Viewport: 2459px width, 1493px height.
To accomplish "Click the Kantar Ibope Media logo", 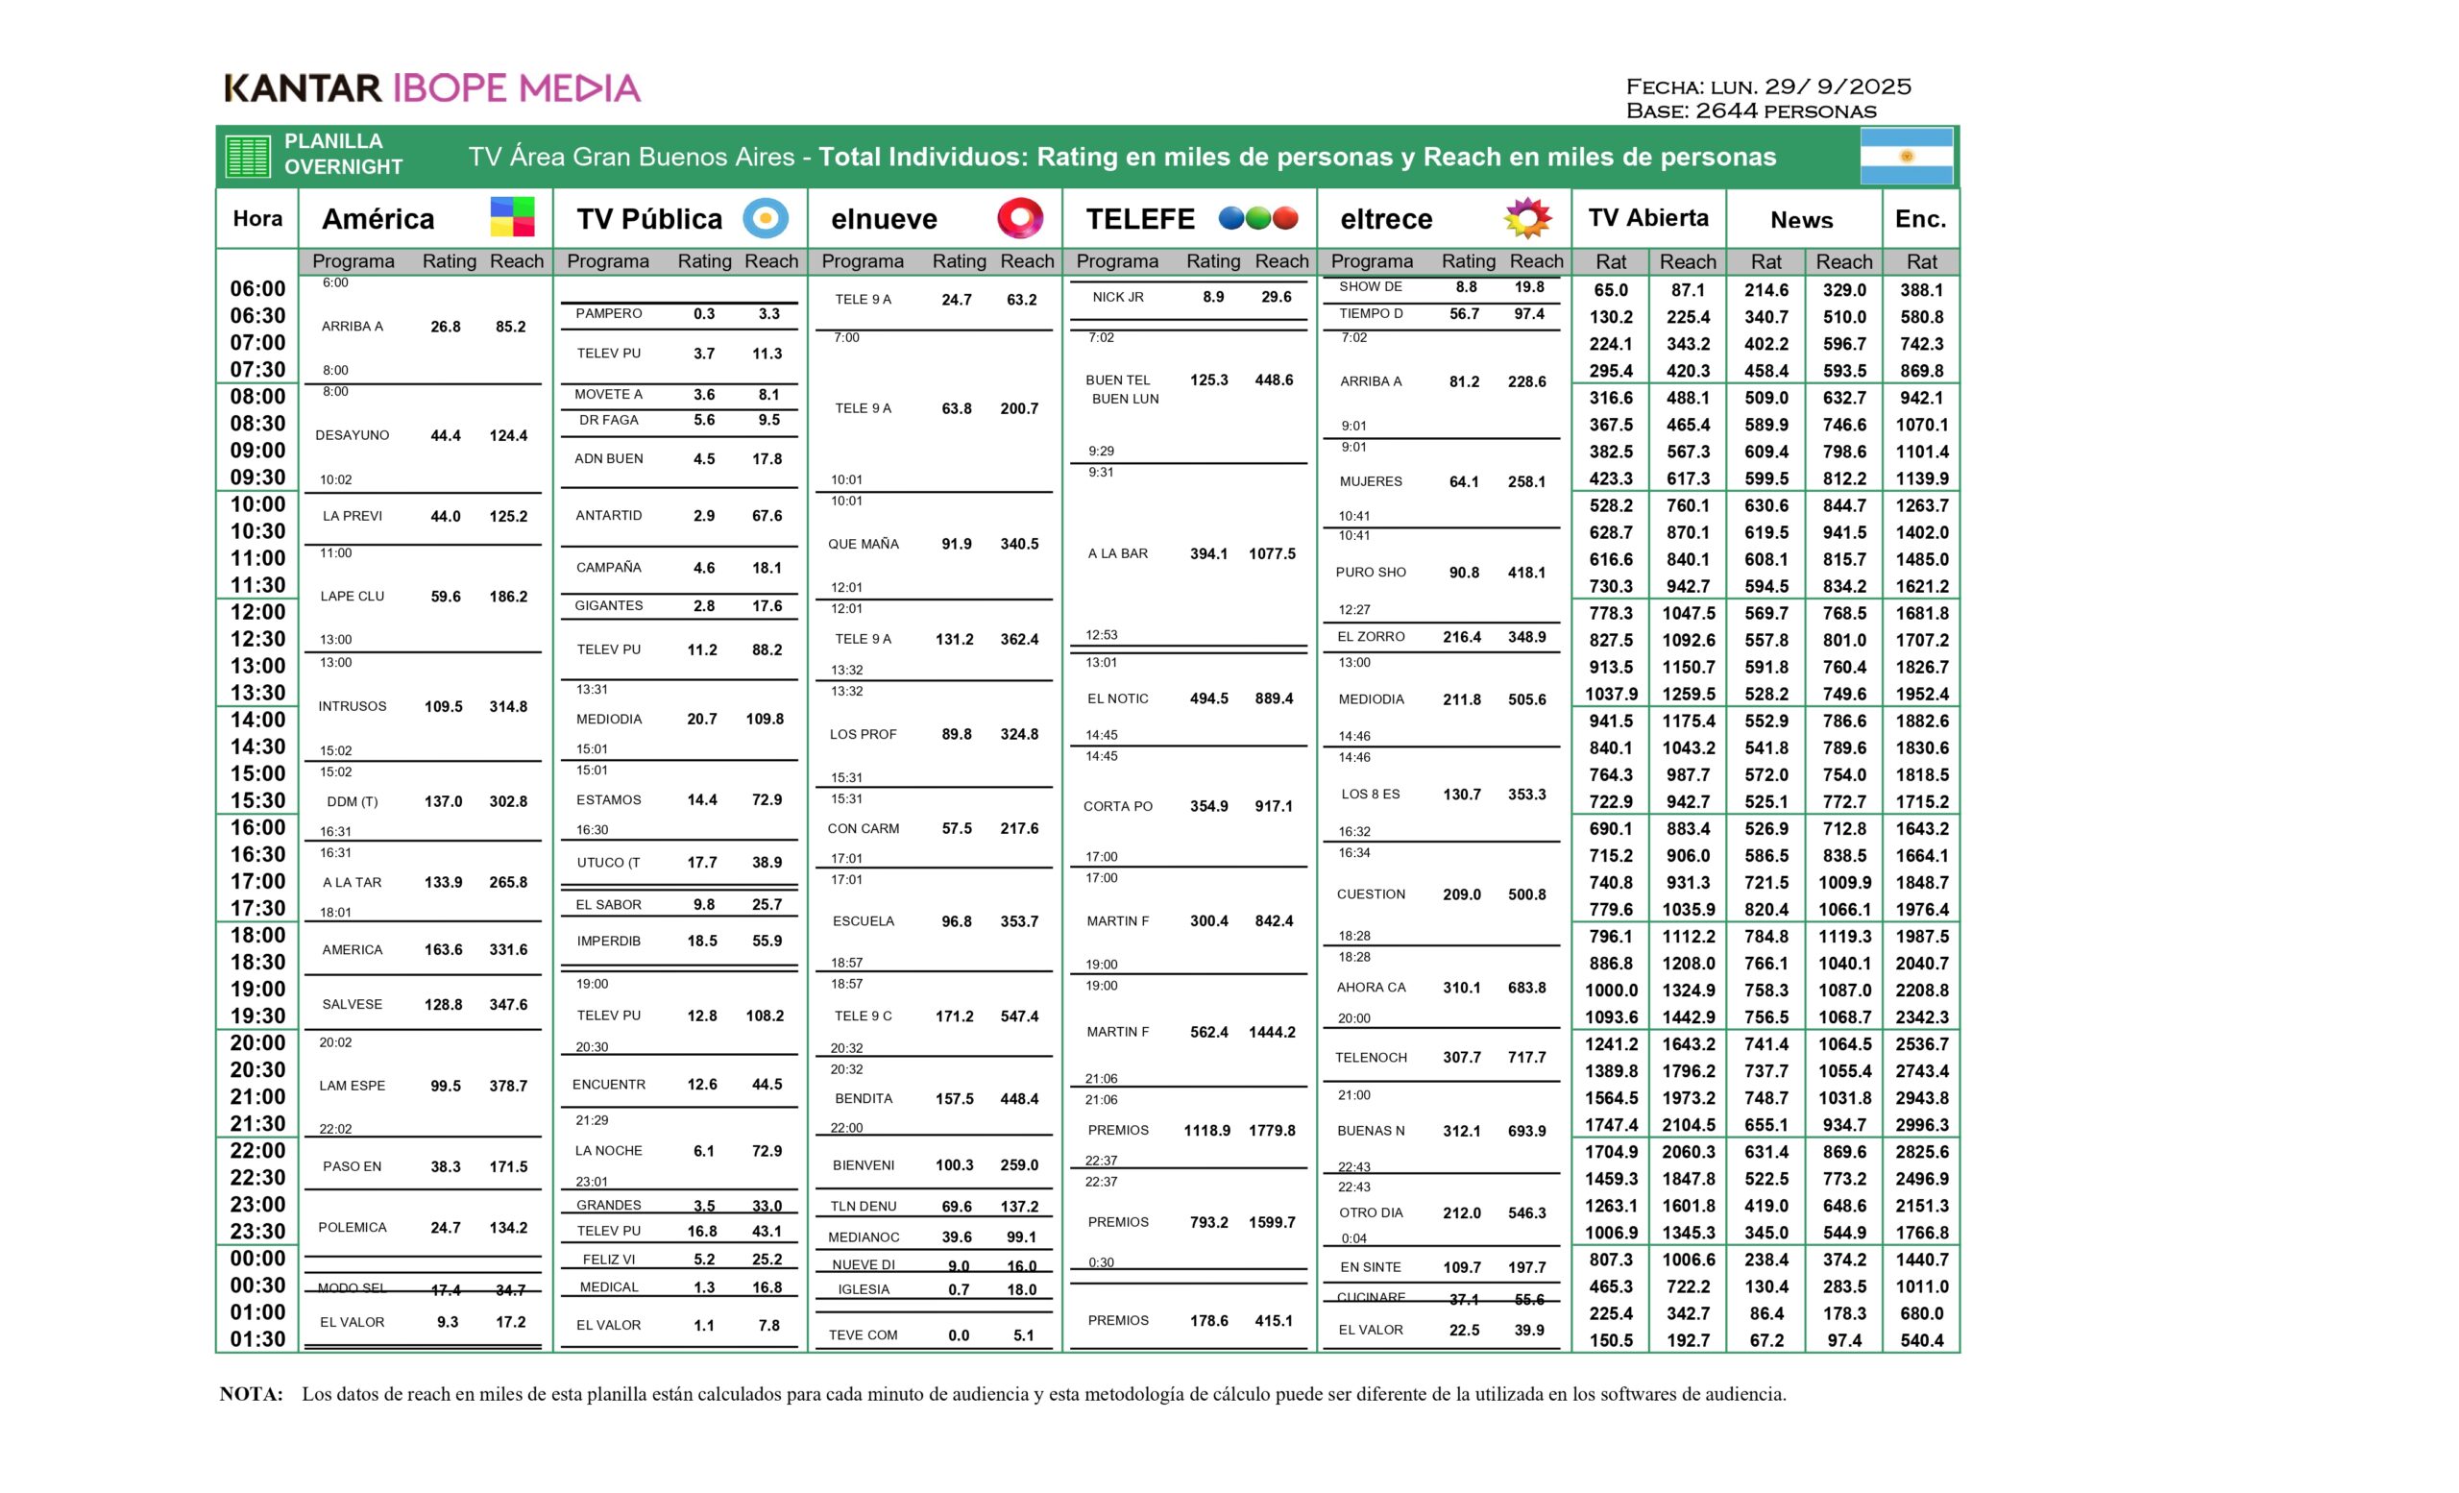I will click(431, 87).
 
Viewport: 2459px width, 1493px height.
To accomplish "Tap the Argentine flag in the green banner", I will click(1905, 157).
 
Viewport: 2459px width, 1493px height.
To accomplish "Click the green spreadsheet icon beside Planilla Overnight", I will click(248, 157).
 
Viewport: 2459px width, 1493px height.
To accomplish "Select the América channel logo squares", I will click(512, 217).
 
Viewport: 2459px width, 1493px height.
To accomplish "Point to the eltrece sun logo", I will click(1527, 217).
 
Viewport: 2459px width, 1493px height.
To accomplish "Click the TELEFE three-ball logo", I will click(1257, 217).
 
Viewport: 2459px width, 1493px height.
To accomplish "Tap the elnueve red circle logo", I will click(1019, 217).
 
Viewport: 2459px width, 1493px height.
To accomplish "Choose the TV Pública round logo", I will click(766, 217).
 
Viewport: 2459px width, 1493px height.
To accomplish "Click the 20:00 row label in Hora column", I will click(257, 1043).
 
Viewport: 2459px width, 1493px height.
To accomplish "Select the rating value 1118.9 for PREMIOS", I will click(1206, 1131).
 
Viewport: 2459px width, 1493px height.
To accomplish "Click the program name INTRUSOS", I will click(353, 706).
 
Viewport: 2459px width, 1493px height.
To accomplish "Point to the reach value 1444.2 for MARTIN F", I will click(1272, 1032).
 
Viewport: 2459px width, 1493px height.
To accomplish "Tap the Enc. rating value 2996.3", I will click(1921, 1125).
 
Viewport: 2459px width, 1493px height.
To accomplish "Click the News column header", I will click(1801, 220).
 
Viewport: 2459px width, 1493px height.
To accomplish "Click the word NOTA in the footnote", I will click(251, 1394).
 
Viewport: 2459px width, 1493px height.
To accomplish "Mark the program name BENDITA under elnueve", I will click(864, 1099).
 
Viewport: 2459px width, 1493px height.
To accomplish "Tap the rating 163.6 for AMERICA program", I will click(443, 950).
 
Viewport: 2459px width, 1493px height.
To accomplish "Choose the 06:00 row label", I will click(257, 289).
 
